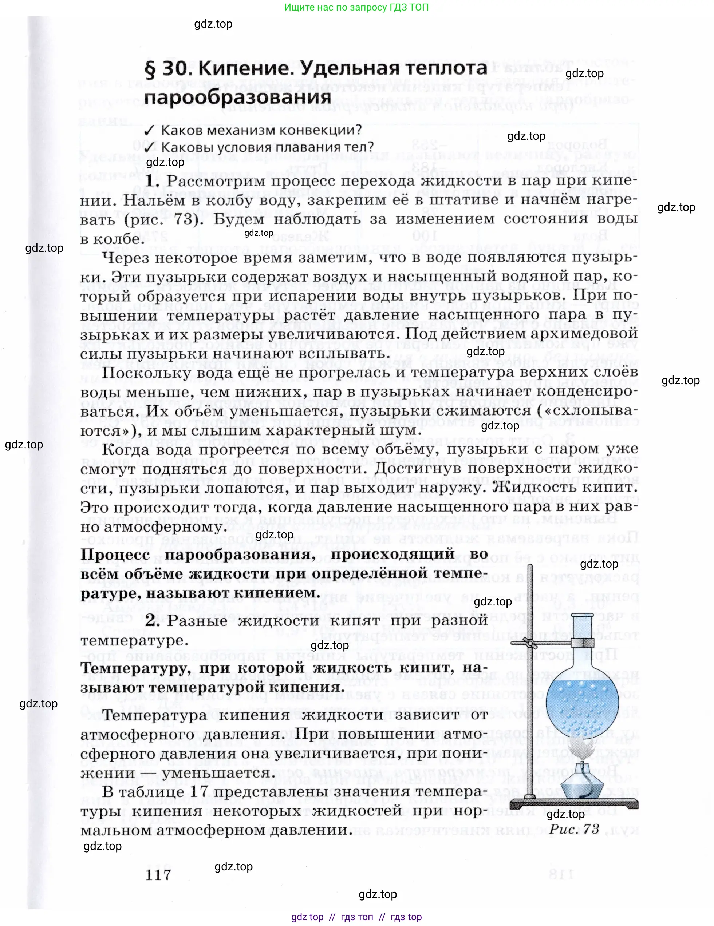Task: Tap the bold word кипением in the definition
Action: [x=277, y=593]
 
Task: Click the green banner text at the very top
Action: [x=356, y=7]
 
